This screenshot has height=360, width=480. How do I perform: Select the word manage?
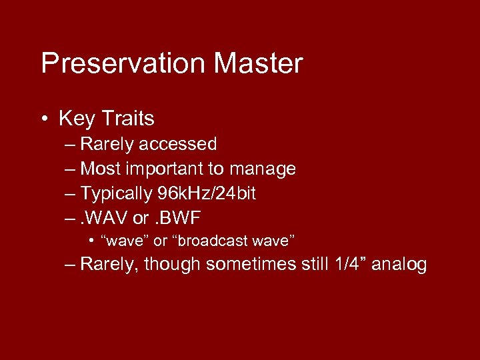tap(263, 169)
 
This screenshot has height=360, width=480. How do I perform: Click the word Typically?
tap(117, 194)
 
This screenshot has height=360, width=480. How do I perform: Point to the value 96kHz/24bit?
tap(207, 194)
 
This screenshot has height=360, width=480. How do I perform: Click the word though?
tap(172, 265)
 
